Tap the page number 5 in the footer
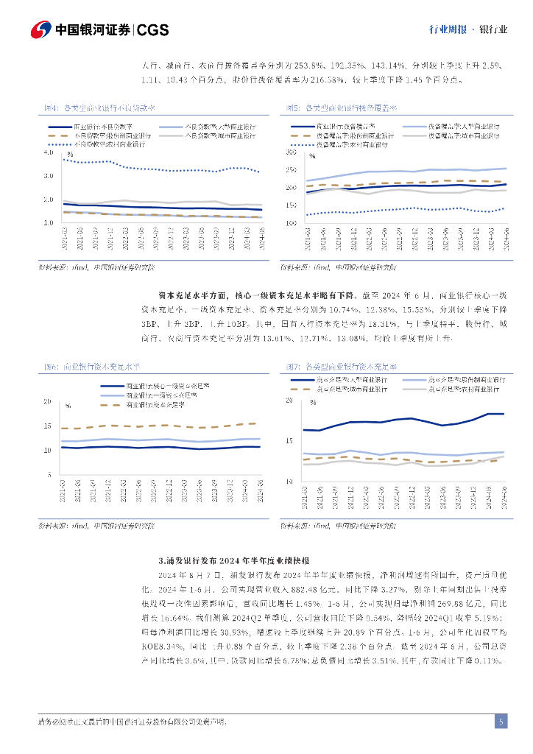tap(501, 722)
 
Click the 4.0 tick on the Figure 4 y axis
tap(49, 152)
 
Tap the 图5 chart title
tap(340, 108)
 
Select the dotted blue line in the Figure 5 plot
tap(405, 210)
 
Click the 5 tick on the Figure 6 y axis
tap(48, 473)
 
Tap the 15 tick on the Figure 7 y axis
tap(289, 440)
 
